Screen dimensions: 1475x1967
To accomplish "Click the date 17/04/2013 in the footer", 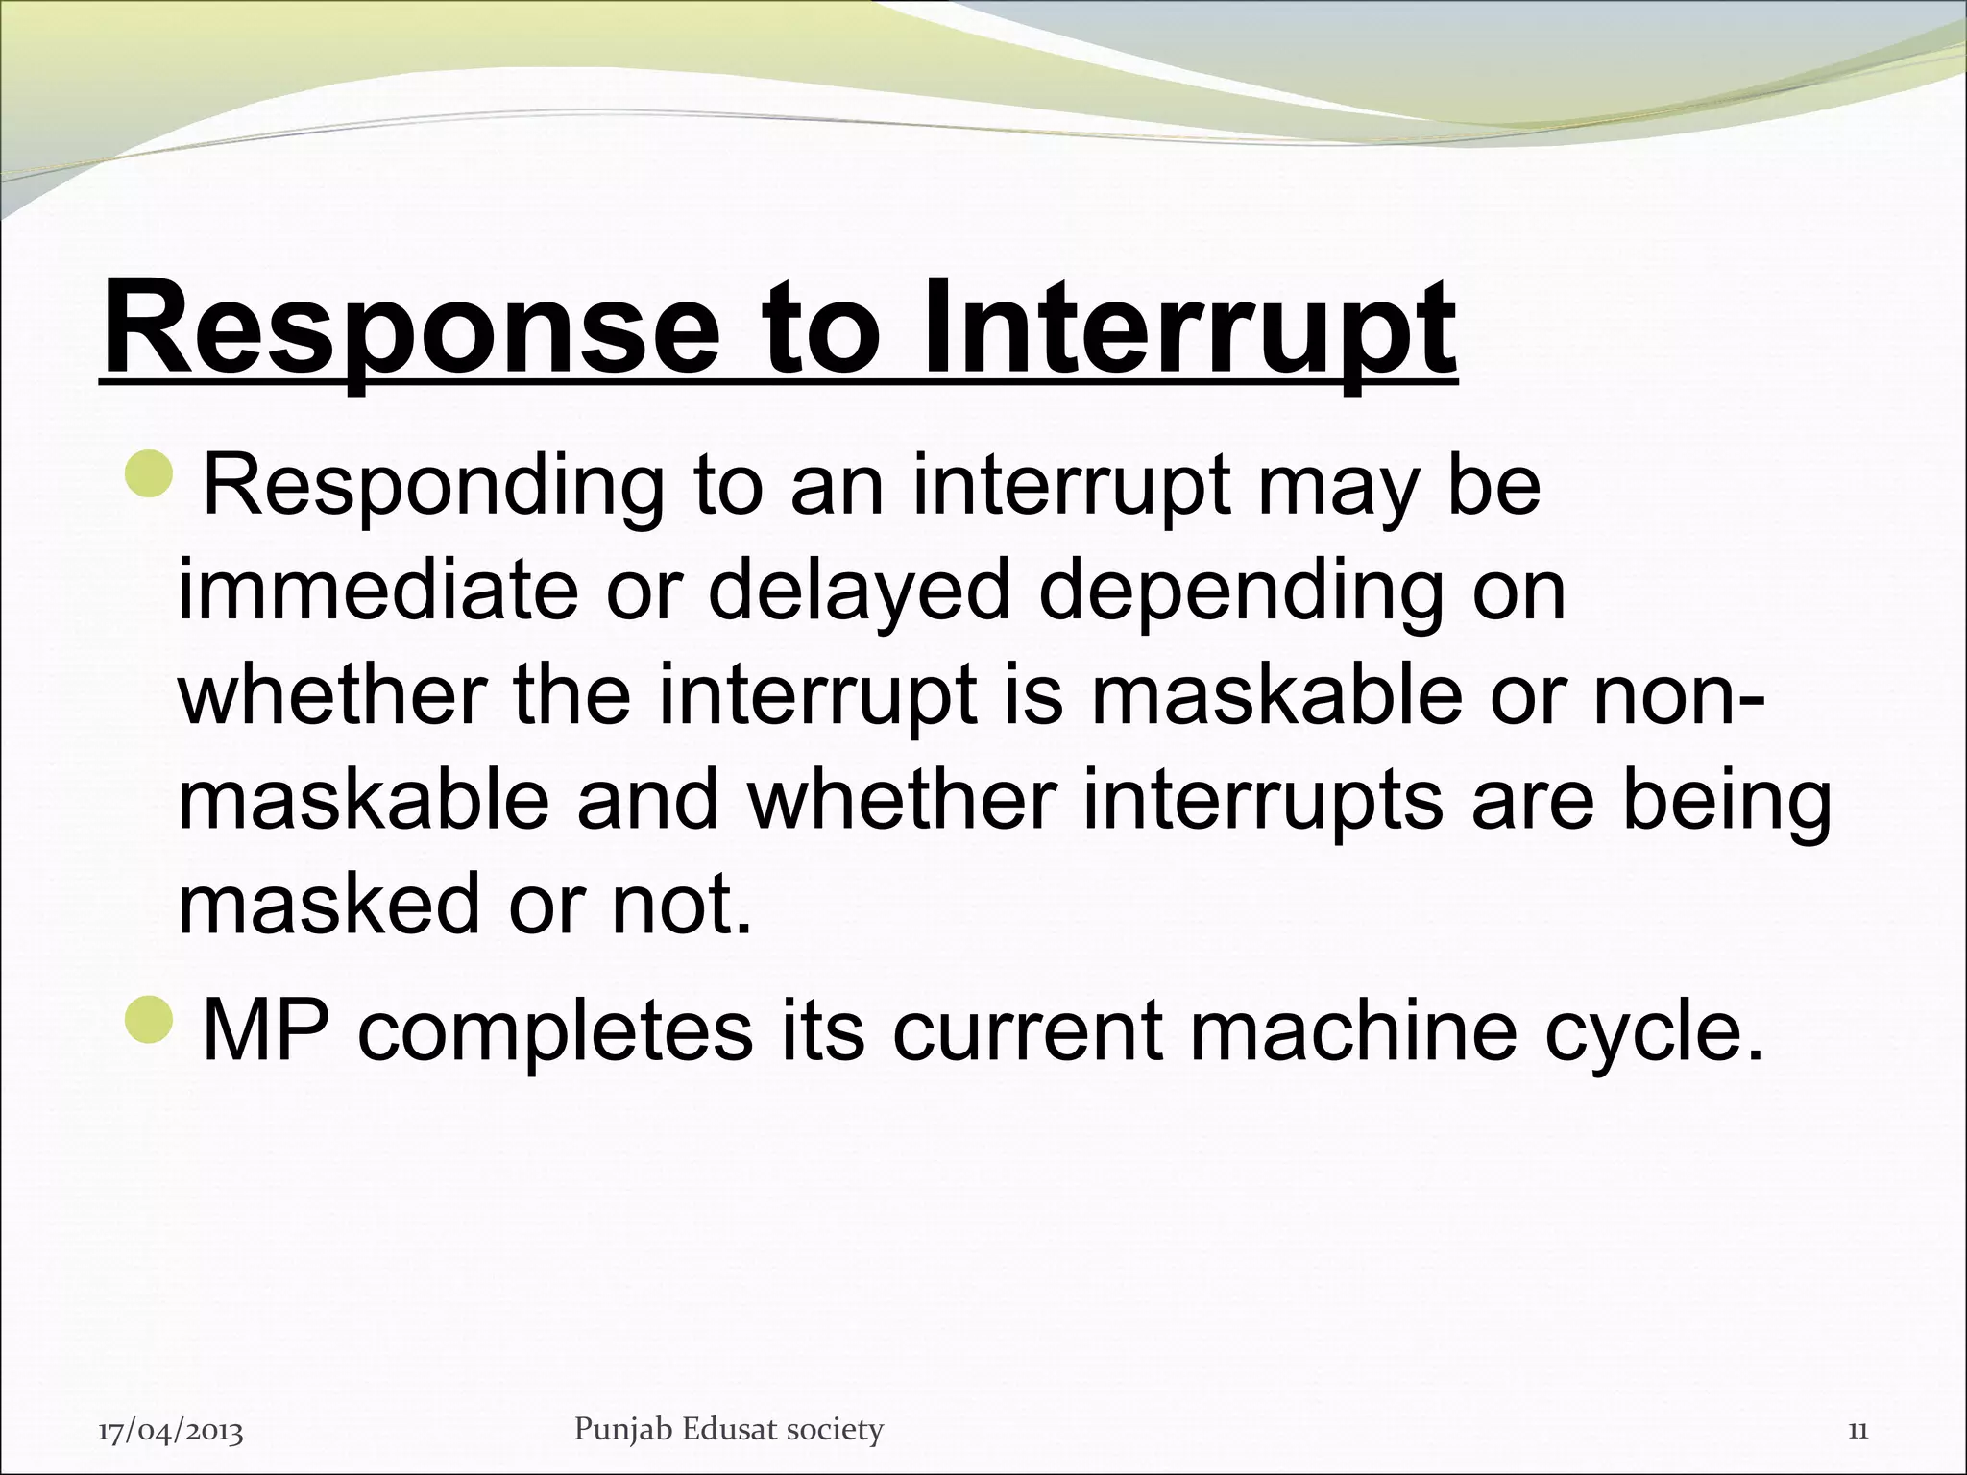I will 171,1432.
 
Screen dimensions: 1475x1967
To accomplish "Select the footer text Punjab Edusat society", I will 728,1429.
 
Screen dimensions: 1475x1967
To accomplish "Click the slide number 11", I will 1858,1431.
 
